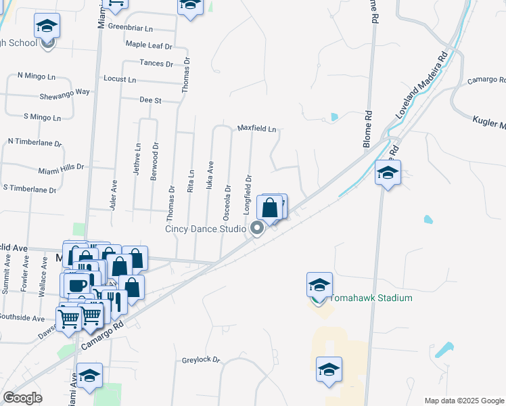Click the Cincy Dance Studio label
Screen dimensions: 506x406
[206, 229]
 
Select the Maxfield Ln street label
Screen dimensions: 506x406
[256, 129]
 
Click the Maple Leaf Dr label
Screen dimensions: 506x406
[149, 45]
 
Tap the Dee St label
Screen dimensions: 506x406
[149, 100]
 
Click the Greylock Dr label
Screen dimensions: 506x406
[201, 360]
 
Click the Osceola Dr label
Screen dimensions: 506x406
[228, 202]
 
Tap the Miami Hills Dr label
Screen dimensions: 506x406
[61, 166]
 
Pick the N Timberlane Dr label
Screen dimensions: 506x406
[34, 143]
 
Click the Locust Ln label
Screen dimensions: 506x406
[120, 79]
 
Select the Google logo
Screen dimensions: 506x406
[23, 397]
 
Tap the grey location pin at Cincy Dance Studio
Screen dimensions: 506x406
[258, 229]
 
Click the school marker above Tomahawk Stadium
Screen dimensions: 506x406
[319, 285]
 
